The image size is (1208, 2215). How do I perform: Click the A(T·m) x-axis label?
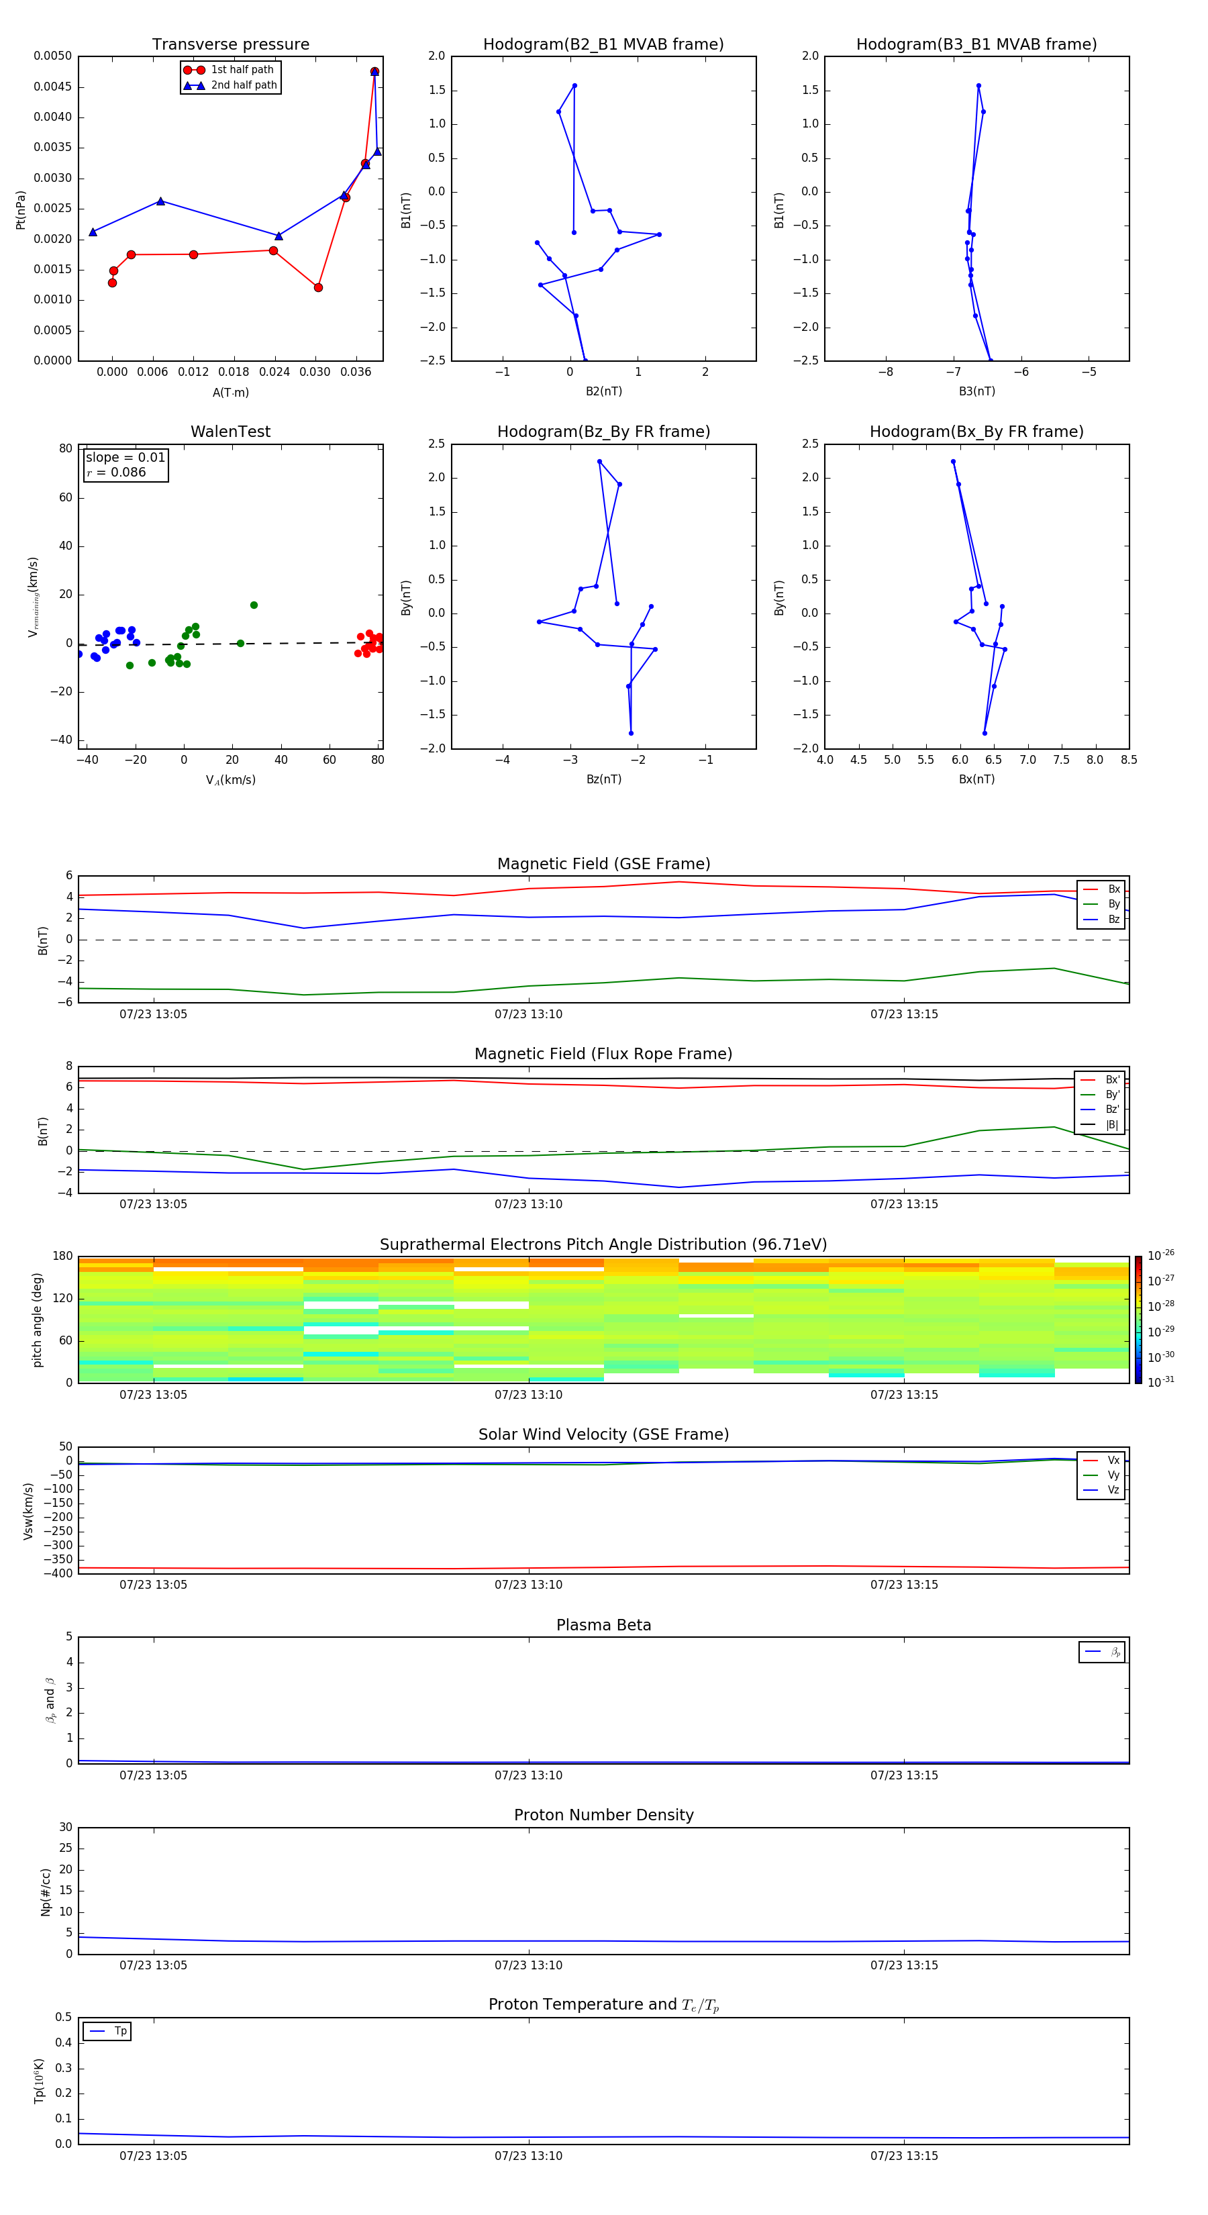click(230, 392)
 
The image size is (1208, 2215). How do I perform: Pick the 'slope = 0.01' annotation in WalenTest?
click(125, 458)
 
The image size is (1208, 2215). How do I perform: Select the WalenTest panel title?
click(230, 432)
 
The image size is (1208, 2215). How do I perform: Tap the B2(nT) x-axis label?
click(603, 391)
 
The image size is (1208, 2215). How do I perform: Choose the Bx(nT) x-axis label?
click(976, 779)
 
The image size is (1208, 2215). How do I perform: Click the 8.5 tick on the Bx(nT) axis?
click(1128, 760)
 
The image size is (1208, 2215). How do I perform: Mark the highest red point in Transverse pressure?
click(375, 71)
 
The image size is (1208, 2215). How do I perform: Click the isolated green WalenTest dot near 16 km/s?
click(254, 605)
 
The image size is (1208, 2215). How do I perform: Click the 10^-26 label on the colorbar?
click(1161, 1255)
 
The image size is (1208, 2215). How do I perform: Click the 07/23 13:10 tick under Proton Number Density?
click(528, 1965)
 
